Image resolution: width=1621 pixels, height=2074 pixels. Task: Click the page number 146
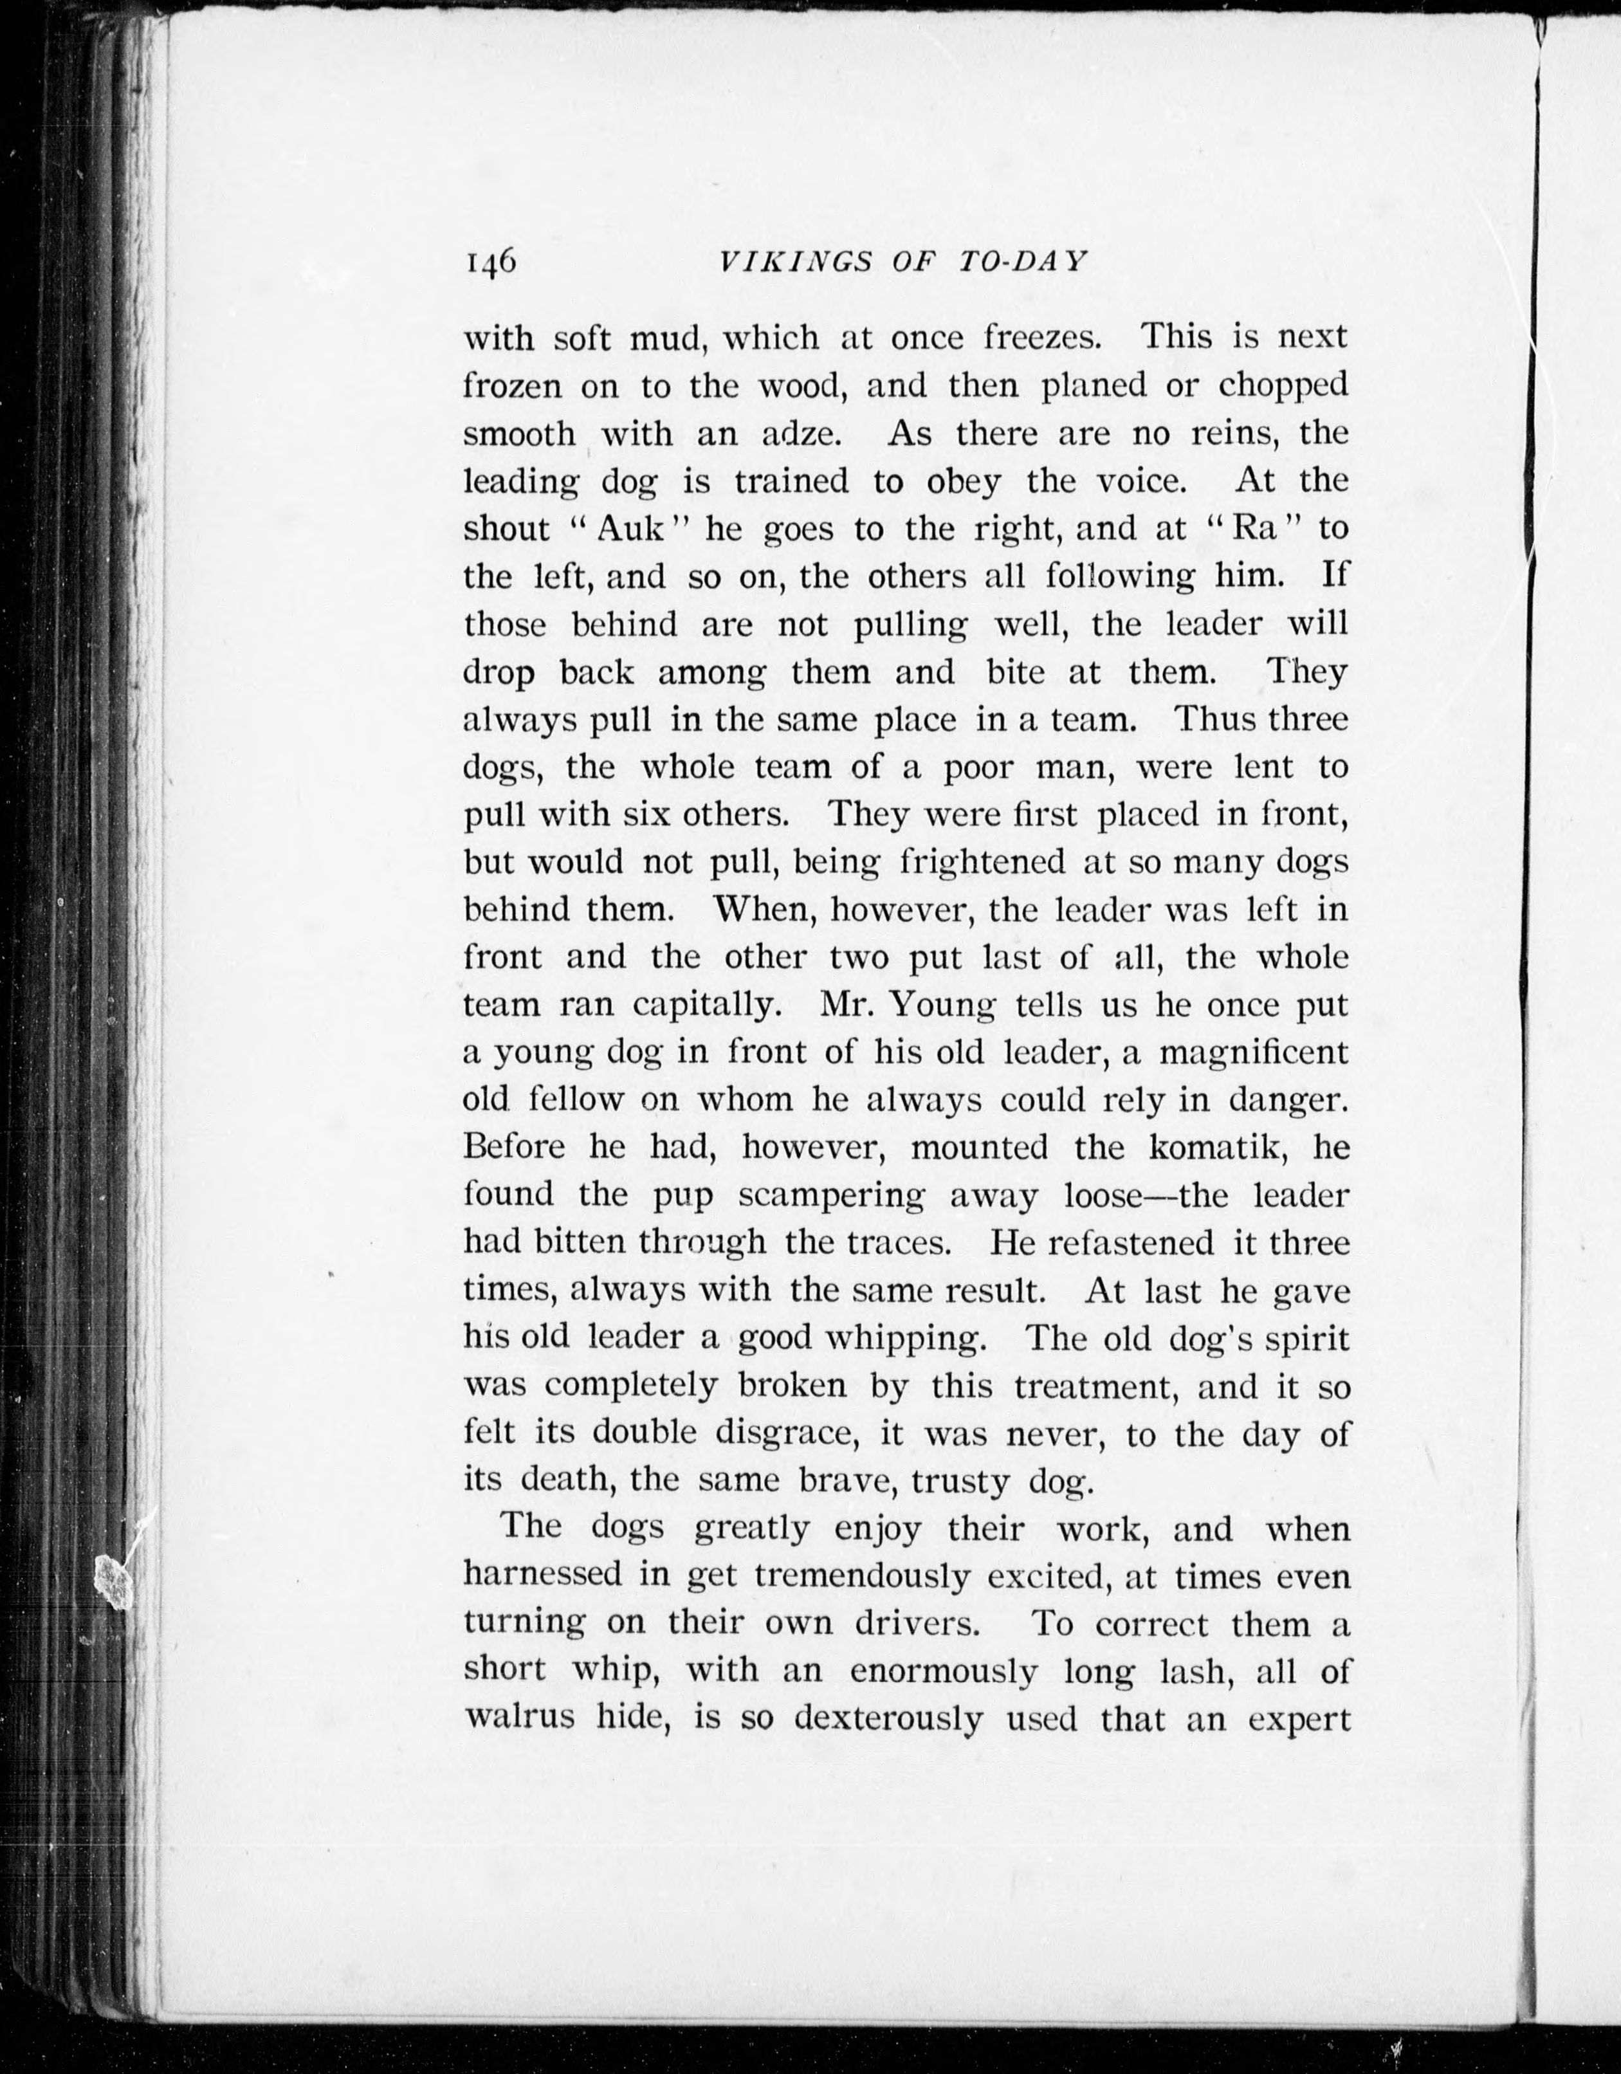pos(490,261)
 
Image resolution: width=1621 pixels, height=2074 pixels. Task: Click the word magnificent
pos(1254,1053)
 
